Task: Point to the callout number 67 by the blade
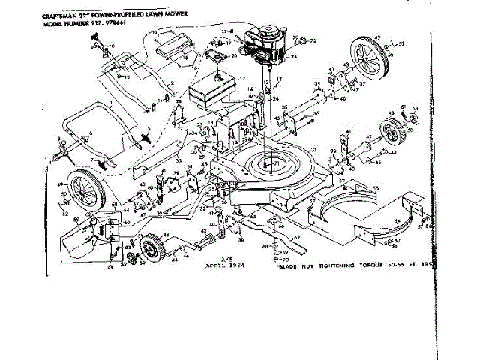pyautogui.click(x=296, y=240)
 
